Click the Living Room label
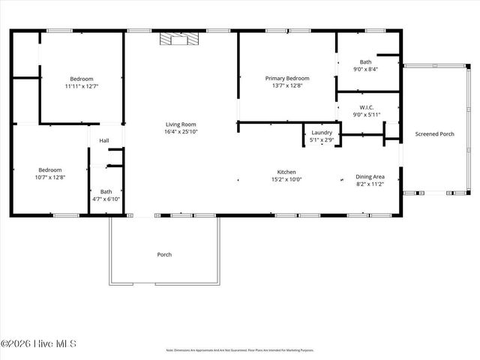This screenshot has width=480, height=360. (181, 124)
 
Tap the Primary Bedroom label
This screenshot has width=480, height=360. (287, 78)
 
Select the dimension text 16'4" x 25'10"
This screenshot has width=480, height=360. (181, 132)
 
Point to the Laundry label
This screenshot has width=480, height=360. (322, 132)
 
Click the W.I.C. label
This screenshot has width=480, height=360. (367, 107)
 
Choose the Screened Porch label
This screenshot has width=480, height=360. (435, 134)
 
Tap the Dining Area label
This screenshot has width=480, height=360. (369, 177)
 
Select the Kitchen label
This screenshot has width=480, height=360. (286, 172)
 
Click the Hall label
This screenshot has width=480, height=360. (104, 140)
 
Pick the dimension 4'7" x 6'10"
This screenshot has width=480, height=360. (106, 199)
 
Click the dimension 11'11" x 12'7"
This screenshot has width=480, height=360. (82, 86)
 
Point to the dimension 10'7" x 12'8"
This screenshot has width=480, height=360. (50, 178)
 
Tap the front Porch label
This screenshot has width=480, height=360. (164, 254)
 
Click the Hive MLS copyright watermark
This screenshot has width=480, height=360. (38, 344)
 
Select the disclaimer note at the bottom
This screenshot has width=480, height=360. (240, 350)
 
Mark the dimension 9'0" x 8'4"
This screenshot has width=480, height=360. (365, 69)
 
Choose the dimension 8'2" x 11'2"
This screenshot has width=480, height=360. (369, 184)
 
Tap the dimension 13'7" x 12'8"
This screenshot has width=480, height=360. (287, 85)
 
